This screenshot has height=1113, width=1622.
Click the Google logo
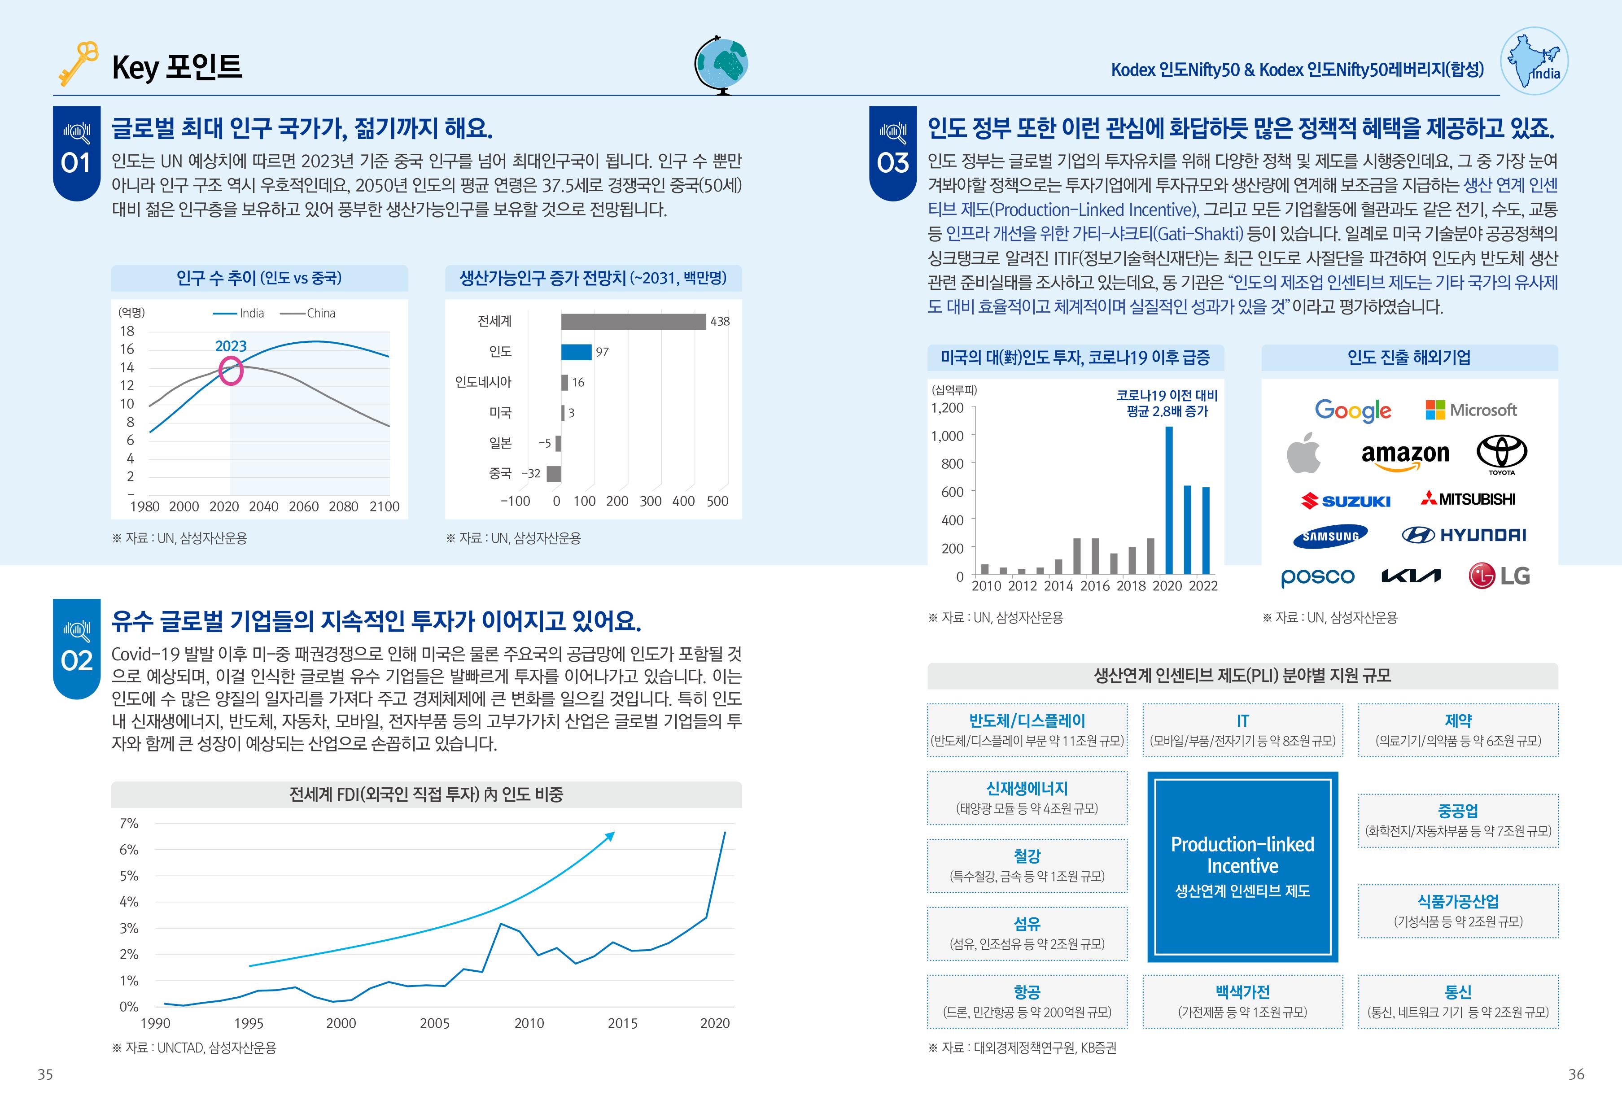(x=1353, y=410)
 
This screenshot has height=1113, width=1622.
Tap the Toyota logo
(x=1501, y=454)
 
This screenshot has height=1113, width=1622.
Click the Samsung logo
(x=1330, y=536)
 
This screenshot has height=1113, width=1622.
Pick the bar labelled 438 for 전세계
(x=633, y=322)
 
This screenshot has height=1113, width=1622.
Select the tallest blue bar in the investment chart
(x=1169, y=500)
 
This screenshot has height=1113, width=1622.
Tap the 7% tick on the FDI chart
(x=129, y=823)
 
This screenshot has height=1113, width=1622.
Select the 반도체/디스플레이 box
(x=1027, y=730)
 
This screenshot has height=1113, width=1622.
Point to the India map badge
(x=1534, y=61)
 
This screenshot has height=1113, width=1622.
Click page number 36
(x=1576, y=1074)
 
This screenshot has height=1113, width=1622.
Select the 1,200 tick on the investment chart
(x=947, y=407)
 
